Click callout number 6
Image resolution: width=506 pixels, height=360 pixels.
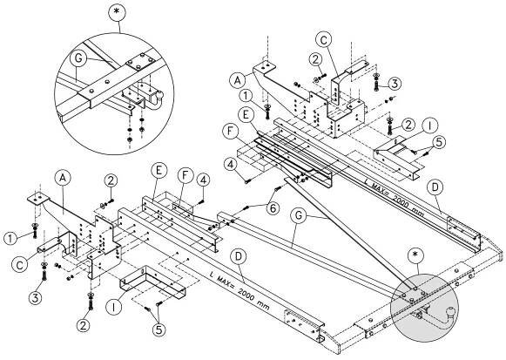(273, 208)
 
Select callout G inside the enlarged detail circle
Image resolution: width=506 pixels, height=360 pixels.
(78, 58)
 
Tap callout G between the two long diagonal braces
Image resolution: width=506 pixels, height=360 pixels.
(299, 215)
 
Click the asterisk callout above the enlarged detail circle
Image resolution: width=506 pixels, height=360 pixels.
(117, 12)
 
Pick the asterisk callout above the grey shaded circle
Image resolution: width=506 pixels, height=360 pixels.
(415, 255)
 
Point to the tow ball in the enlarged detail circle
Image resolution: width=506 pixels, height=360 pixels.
(159, 96)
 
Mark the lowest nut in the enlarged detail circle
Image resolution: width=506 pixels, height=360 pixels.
(130, 139)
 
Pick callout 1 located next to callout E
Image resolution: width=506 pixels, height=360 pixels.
(246, 96)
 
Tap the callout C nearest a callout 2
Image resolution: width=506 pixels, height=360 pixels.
(324, 40)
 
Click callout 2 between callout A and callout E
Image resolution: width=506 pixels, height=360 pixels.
(111, 180)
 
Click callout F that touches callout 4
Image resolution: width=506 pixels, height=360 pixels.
(186, 175)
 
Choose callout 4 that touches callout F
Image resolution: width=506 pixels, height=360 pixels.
(203, 180)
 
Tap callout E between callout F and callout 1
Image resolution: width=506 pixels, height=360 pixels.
(246, 115)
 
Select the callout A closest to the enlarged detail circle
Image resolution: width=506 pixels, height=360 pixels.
(63, 177)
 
